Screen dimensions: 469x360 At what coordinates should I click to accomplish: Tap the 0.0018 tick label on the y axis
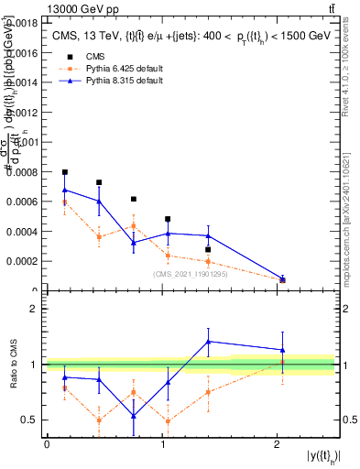[22, 22]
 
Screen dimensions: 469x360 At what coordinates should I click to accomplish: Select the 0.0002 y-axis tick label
[22, 261]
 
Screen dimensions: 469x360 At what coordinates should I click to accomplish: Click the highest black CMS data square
[65, 172]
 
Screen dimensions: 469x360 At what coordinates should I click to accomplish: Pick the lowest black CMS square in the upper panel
[282, 280]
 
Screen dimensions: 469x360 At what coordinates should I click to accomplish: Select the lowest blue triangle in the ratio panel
[134, 416]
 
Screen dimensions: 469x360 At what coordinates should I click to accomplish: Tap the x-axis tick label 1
[162, 444]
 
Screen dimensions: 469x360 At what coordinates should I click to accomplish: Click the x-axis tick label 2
[277, 444]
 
